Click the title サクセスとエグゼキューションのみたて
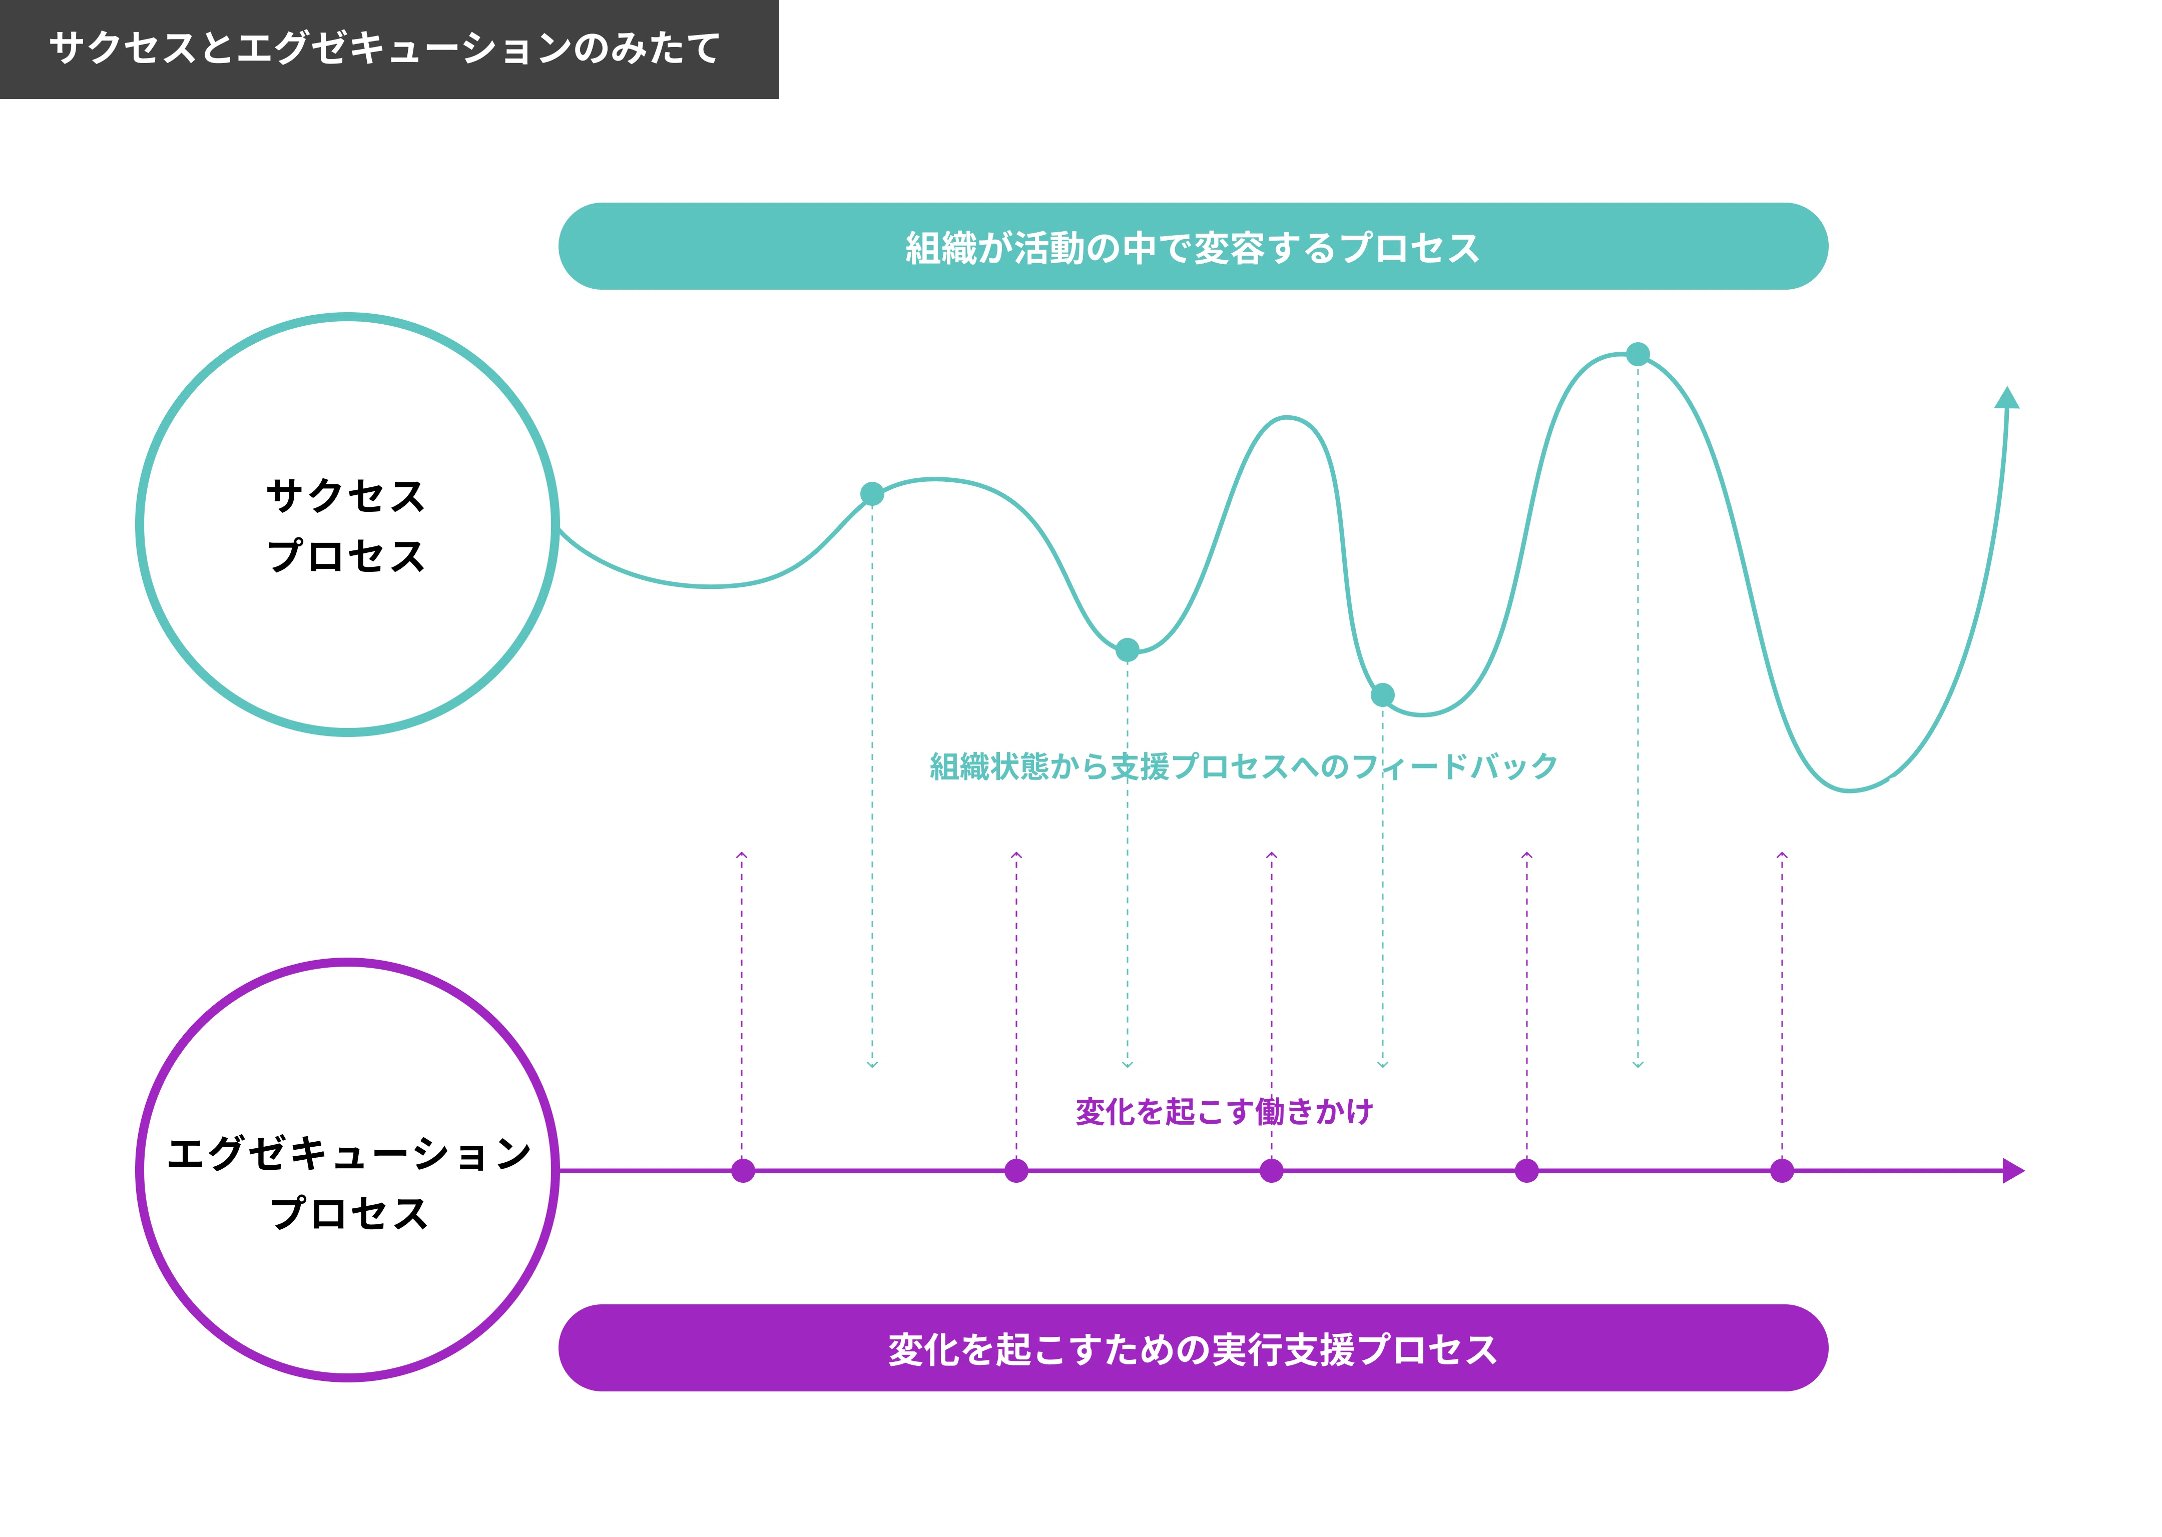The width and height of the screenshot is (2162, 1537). tap(384, 48)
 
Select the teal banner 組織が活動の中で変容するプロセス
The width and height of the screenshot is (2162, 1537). tap(1193, 246)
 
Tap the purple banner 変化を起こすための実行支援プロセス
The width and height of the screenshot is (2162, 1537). tap(1193, 1348)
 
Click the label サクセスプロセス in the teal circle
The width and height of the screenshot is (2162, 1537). tap(346, 525)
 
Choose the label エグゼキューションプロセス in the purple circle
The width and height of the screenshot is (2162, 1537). tap(348, 1183)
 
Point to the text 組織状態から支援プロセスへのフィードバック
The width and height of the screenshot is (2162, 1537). tap(1243, 765)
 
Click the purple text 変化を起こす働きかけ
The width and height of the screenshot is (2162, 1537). tap(1224, 1111)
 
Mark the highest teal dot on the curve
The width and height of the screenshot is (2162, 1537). tap(1638, 354)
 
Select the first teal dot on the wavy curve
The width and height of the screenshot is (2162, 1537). tap(872, 493)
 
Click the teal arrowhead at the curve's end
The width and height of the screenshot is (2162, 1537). tap(2007, 397)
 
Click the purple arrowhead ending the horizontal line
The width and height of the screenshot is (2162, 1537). tap(2013, 1171)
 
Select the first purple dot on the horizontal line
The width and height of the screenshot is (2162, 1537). tap(743, 1171)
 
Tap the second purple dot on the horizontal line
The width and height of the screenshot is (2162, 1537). tap(1015, 1171)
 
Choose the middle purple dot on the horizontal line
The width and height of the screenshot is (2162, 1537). tap(1271, 1171)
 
